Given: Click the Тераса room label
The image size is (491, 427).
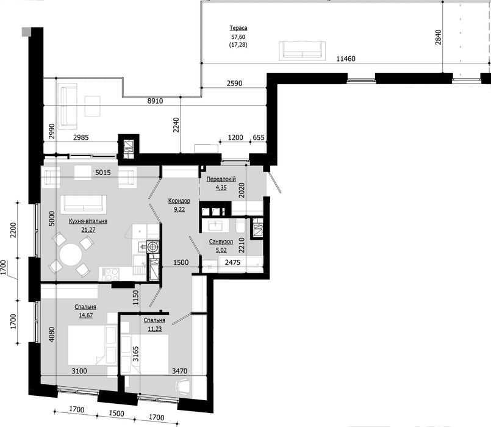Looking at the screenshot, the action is (238, 28).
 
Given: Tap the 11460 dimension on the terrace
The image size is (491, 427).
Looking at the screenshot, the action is (346, 59).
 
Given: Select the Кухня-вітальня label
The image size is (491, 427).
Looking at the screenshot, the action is (88, 221).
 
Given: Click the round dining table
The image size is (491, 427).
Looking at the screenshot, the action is (71, 254).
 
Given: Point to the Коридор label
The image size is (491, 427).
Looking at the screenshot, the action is (179, 201).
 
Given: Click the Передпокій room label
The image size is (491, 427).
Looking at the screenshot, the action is (221, 179).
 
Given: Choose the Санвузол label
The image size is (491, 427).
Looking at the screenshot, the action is (221, 242).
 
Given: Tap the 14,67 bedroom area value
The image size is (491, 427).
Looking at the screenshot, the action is (85, 315).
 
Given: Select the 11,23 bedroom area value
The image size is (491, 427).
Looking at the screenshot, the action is (155, 329).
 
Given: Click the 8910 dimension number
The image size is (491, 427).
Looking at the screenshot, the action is (156, 101).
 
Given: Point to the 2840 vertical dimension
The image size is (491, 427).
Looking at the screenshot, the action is (438, 37).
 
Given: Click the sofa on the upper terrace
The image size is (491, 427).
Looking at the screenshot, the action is (302, 50).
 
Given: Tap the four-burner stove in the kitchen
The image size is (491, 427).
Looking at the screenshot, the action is (112, 274).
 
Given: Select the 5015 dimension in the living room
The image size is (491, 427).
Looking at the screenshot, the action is (103, 172).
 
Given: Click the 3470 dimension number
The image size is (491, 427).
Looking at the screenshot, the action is (180, 371).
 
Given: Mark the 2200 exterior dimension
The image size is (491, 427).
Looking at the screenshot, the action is (13, 230).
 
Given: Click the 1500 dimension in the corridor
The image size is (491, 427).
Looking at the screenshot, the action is (181, 262).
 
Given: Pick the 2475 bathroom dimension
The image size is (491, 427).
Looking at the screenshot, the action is (232, 262).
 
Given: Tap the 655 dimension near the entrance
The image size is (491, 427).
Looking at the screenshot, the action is (259, 137).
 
